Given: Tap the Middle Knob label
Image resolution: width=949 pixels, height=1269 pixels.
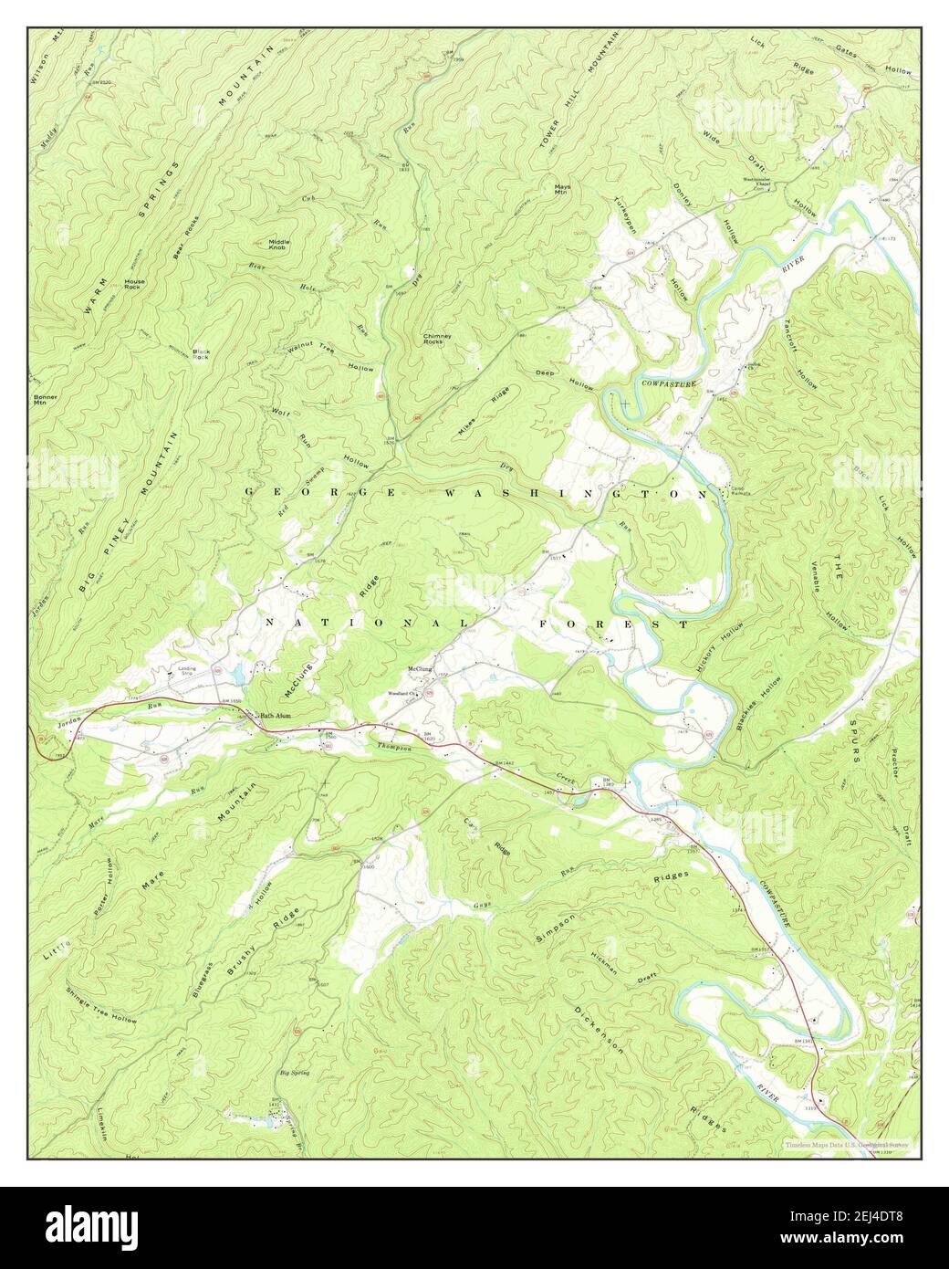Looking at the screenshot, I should [x=278, y=245].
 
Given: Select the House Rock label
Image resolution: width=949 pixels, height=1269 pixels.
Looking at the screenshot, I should [x=135, y=284].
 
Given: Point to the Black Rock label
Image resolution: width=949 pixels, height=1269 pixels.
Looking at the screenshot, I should [x=202, y=354].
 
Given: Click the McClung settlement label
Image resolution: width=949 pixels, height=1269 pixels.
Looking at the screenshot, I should [x=419, y=668].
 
